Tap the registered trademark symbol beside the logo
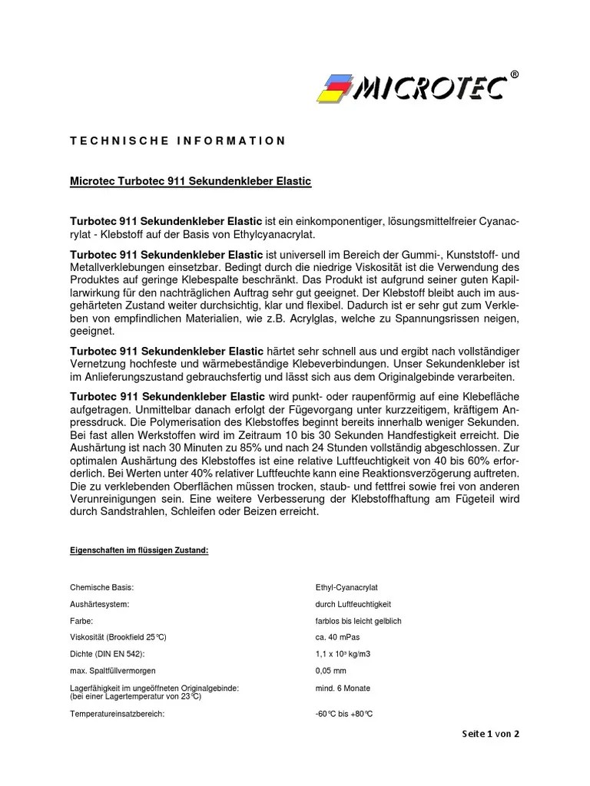[514, 74]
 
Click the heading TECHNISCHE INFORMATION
[178, 140]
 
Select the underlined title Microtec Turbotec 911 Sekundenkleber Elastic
[191, 181]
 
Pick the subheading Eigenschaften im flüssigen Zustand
[139, 550]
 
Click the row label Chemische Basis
[102, 587]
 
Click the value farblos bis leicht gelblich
[358, 621]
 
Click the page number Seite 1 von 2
[490, 734]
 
